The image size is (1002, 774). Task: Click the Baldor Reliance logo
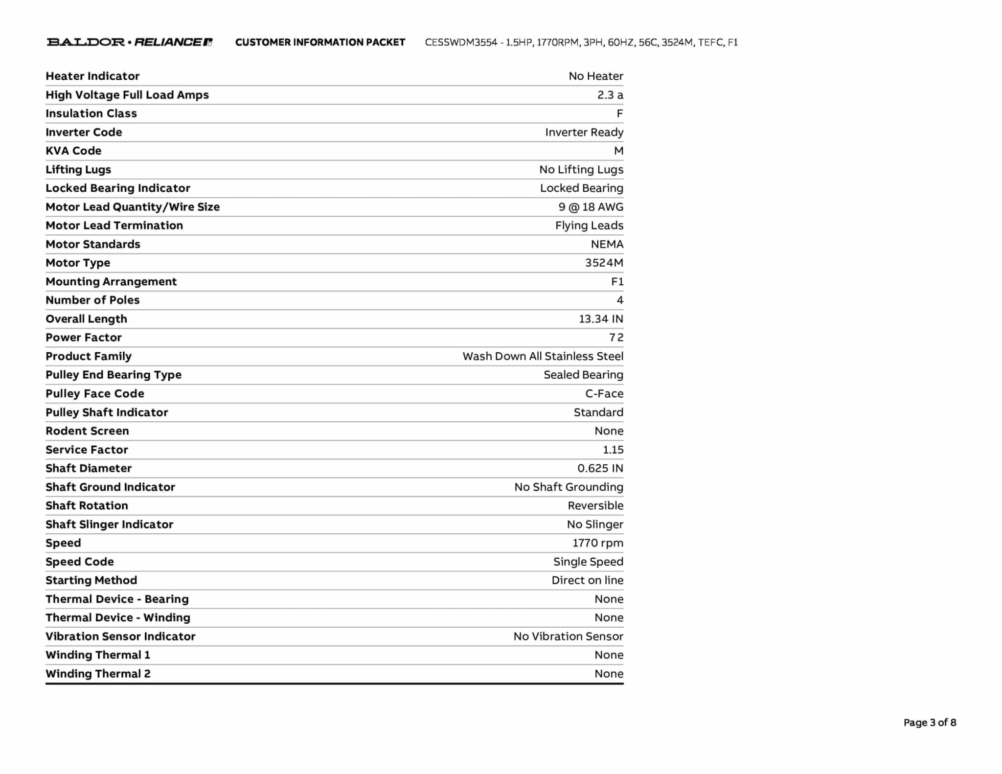[129, 42]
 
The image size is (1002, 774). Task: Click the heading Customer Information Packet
[320, 43]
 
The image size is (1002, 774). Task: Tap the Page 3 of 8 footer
[930, 723]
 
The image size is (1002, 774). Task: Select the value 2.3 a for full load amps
[610, 95]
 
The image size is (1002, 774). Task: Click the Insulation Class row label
[91, 114]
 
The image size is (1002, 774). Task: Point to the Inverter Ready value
[584, 132]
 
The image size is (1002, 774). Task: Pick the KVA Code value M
[618, 151]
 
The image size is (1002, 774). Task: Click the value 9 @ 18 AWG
[591, 207]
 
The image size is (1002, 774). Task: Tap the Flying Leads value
[589, 226]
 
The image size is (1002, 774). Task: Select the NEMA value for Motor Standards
[607, 244]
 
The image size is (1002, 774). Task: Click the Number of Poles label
[92, 300]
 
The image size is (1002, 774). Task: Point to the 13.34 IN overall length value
[601, 319]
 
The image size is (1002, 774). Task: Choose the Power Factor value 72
[616, 338]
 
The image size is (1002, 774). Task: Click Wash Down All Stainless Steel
[543, 356]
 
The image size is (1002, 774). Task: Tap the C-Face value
[604, 394]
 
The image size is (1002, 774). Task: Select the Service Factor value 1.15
[613, 450]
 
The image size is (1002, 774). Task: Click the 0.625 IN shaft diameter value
[600, 468]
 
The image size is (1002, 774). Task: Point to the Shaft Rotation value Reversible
[595, 505]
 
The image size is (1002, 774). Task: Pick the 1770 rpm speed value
[597, 543]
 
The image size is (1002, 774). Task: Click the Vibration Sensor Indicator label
[120, 637]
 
